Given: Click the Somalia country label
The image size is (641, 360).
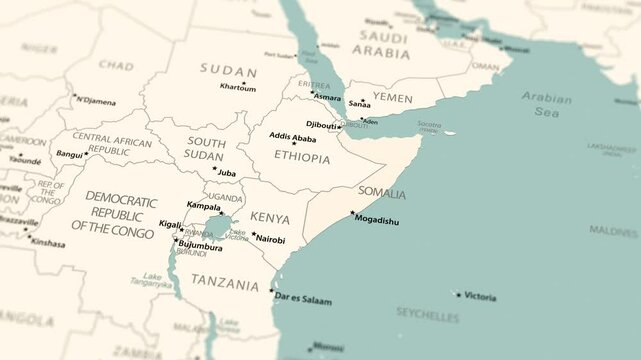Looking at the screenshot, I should [x=382, y=193].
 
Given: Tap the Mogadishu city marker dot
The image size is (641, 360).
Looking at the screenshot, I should [x=351, y=213].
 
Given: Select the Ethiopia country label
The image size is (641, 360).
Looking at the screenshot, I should [x=301, y=158].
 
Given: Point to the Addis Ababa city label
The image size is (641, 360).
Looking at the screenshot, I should [x=292, y=139].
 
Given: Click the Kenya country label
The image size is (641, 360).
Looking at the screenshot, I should [x=269, y=218].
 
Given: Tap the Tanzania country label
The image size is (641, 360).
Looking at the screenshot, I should [x=225, y=283].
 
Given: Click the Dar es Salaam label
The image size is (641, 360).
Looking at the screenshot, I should [x=302, y=300].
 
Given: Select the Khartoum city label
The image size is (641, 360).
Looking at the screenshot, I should [x=237, y=88].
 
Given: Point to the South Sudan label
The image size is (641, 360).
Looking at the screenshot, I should [x=204, y=149].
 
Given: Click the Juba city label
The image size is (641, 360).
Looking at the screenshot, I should [x=227, y=173].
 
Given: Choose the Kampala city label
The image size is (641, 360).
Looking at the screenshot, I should [x=203, y=207].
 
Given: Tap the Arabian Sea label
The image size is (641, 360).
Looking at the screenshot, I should [x=546, y=105].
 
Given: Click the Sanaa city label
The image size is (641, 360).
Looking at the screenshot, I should [x=359, y=104].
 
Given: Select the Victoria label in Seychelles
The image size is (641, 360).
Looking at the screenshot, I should [x=480, y=296].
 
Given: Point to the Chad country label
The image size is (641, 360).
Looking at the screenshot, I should [x=116, y=66].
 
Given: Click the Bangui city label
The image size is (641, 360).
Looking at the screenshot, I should [x=70, y=155].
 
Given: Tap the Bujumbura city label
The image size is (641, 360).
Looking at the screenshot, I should [x=201, y=247].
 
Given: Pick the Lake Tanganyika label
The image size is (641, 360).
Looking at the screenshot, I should [x=152, y=280].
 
